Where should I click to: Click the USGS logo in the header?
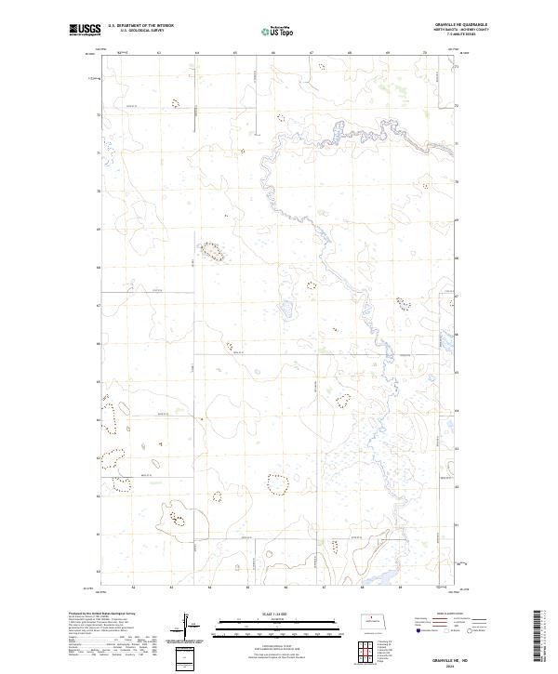click(x=85, y=31)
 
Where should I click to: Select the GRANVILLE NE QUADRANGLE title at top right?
click(x=459, y=25)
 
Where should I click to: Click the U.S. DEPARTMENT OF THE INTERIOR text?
click(x=140, y=26)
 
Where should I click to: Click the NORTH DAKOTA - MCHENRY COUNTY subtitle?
click(x=460, y=31)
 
